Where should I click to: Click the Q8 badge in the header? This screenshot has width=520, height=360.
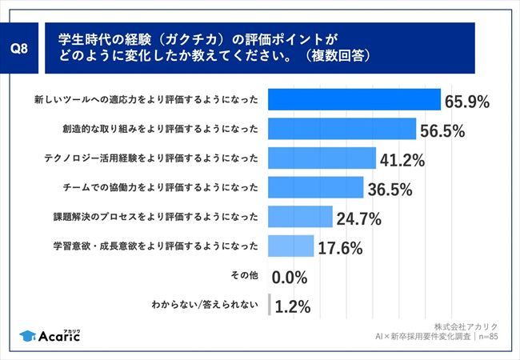(x=25, y=48)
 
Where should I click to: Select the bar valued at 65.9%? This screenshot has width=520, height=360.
(x=354, y=99)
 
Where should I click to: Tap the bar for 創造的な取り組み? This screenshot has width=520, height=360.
(x=342, y=129)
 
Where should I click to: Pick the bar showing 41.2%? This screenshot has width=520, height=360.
(x=322, y=158)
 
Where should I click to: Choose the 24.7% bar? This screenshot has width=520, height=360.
(x=299, y=217)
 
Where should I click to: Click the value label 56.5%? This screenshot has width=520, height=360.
(x=442, y=131)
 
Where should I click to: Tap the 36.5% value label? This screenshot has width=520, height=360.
(x=390, y=190)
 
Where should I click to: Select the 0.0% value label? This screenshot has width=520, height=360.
(x=291, y=278)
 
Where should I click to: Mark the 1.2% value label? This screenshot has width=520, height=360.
(x=294, y=306)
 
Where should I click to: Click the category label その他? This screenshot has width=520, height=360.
(x=244, y=275)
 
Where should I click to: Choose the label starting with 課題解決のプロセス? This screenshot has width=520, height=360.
(x=154, y=217)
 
